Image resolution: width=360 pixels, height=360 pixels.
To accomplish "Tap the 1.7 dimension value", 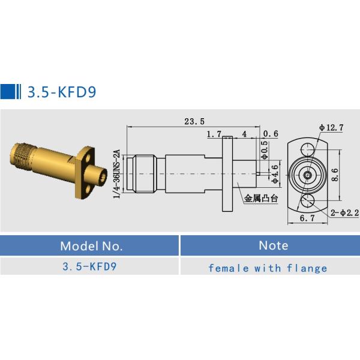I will tap(214, 134).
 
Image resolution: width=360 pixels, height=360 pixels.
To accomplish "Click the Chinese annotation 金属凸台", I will tap(260, 198).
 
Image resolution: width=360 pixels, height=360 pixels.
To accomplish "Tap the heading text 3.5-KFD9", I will tap(60, 92).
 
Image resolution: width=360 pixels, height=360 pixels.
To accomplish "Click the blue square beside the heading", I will tap(8, 91).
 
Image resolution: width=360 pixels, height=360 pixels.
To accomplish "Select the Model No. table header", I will tap(91, 245).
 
